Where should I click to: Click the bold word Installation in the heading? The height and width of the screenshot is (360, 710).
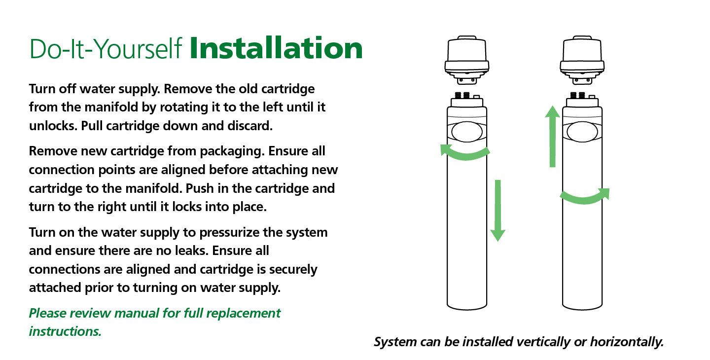276,48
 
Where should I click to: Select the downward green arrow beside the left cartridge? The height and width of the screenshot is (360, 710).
497,211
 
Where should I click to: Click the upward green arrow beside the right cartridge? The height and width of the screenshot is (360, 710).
552,136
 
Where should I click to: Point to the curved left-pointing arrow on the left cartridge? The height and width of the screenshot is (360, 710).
465,155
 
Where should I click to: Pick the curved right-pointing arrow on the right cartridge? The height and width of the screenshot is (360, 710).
585,199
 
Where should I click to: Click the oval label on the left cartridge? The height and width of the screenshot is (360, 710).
467,132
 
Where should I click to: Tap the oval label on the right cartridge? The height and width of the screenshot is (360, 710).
582,132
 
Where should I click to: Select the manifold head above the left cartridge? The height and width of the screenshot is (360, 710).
467,60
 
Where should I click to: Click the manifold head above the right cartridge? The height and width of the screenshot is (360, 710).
582,60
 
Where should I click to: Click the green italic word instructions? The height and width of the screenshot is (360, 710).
65,331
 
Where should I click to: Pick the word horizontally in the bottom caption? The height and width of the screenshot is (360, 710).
627,342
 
